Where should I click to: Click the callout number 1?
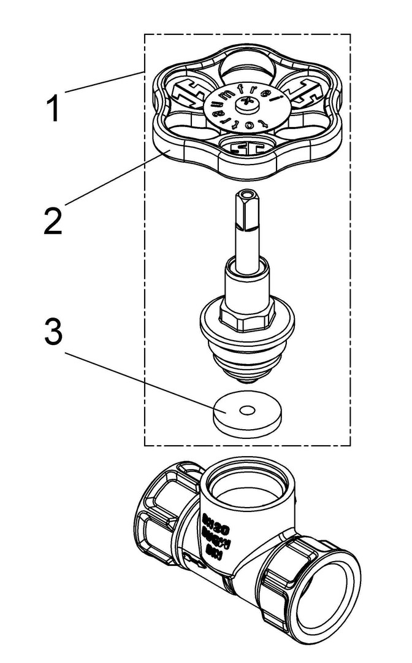(x=55, y=109)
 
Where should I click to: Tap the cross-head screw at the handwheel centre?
(x=240, y=105)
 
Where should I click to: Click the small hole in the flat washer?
(x=247, y=409)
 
